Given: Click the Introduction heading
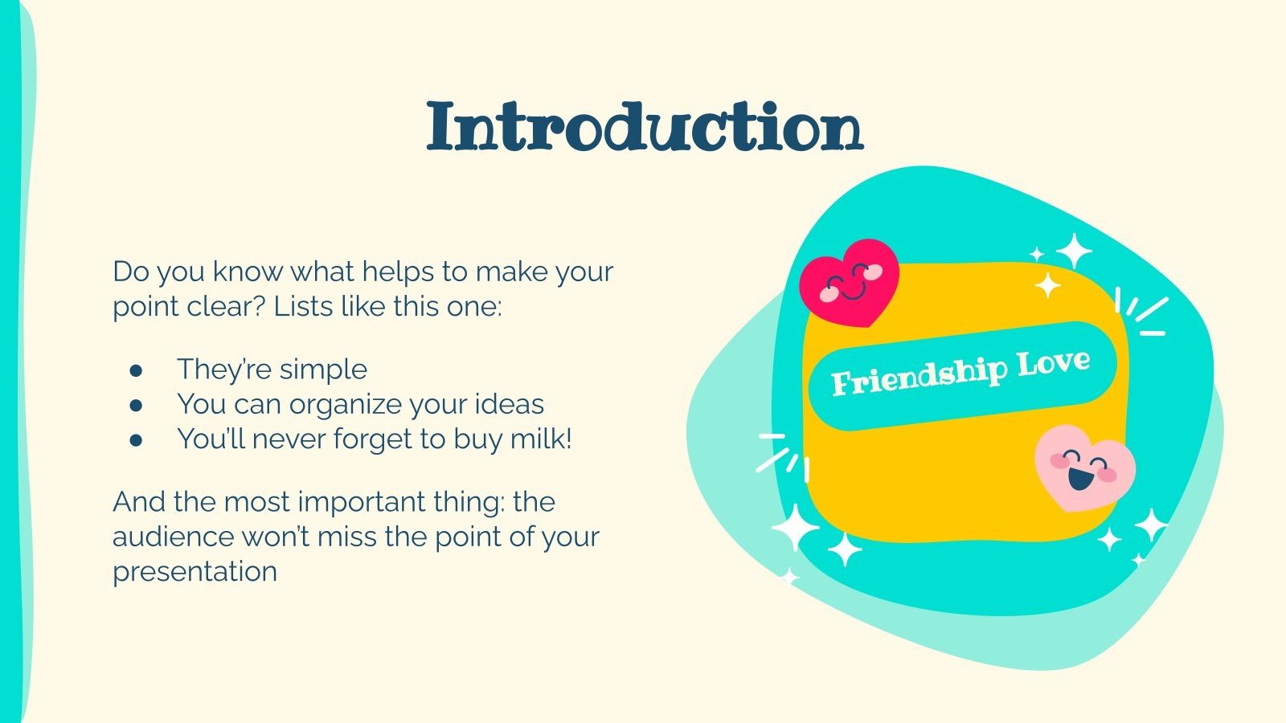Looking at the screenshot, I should tap(645, 127).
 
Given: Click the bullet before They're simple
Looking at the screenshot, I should tap(136, 370).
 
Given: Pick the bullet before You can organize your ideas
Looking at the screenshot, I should tap(136, 405).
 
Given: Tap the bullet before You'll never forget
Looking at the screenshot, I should tap(136, 440).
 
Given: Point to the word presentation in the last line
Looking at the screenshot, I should tap(195, 571).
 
